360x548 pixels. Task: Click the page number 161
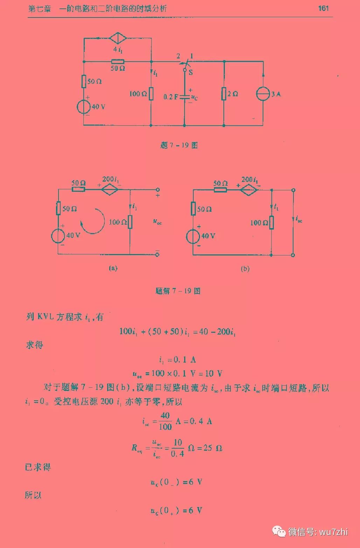tap(323, 8)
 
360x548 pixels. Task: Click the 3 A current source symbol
tap(263, 94)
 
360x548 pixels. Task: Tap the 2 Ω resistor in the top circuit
tap(223, 94)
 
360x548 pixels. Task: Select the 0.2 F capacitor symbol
tap(185, 97)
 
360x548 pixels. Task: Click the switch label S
tap(191, 72)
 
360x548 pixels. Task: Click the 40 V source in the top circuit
tap(84, 107)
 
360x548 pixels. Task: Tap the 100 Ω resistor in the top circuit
tap(151, 94)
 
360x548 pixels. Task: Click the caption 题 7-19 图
tap(179, 145)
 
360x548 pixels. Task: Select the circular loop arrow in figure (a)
tap(92, 221)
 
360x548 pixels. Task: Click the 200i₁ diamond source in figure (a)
tap(110, 189)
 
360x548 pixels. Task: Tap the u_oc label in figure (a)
tap(157, 221)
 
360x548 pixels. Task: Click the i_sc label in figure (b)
tap(298, 219)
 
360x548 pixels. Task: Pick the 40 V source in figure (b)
tap(193, 236)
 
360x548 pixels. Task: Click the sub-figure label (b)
tap(245, 269)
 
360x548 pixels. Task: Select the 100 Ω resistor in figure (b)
tap(271, 223)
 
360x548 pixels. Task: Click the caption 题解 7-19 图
tap(178, 291)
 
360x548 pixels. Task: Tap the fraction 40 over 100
tap(165, 421)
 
